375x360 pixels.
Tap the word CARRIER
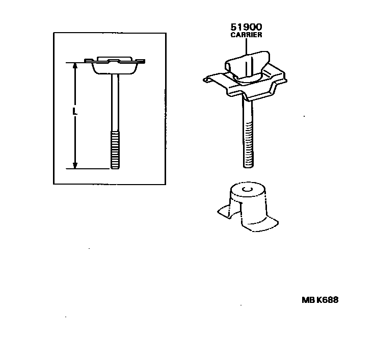246,35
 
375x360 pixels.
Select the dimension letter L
74,111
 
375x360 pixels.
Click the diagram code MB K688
320,300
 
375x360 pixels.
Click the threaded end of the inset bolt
115,150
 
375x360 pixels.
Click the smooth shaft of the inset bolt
115,102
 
